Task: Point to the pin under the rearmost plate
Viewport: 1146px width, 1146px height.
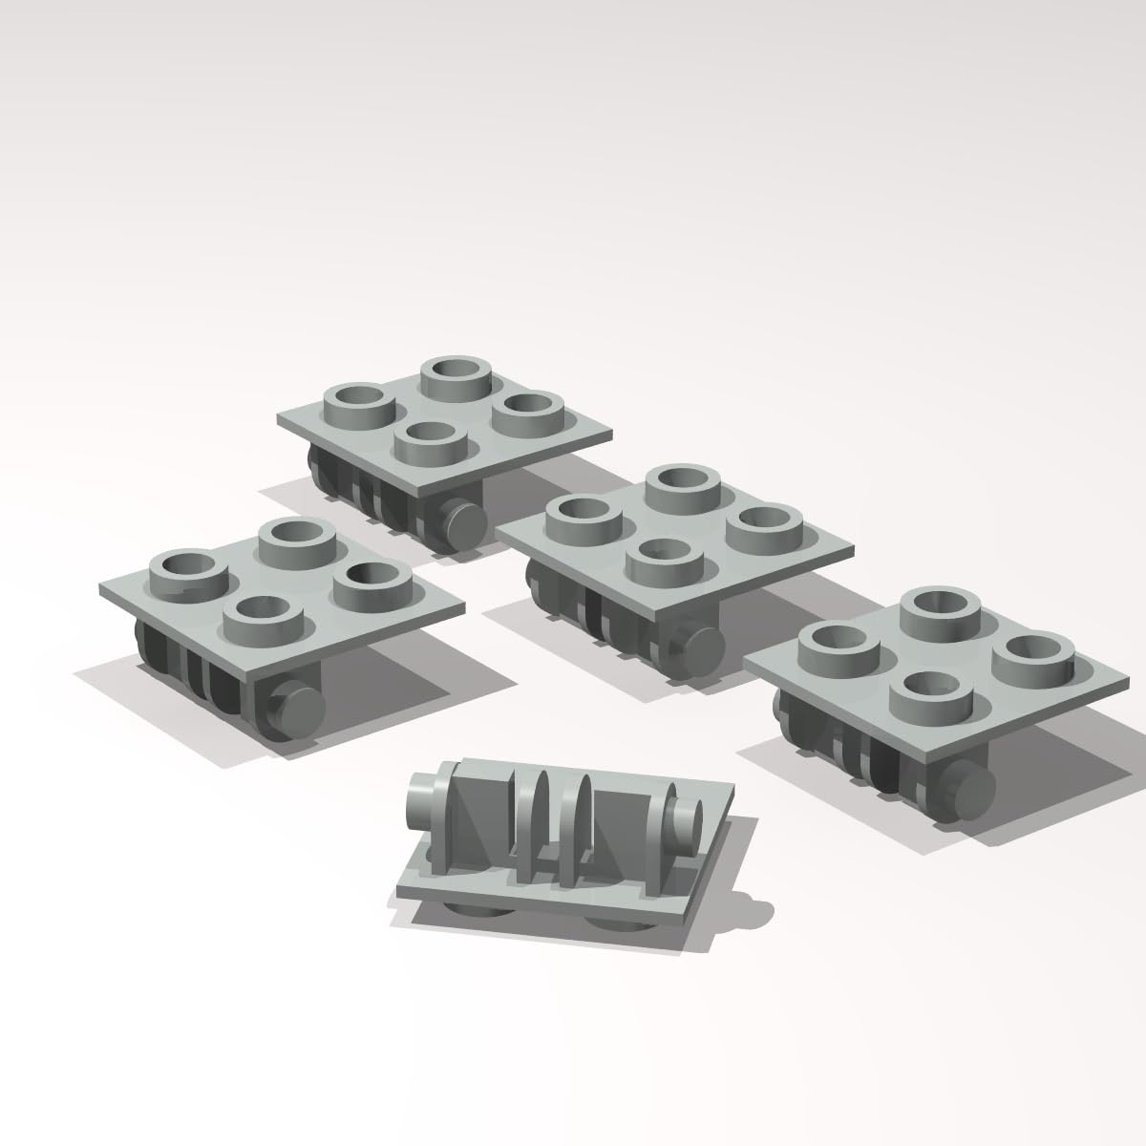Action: [462, 522]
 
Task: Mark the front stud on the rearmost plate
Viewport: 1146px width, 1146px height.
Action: [426, 442]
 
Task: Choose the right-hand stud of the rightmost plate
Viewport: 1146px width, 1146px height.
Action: [1030, 656]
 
